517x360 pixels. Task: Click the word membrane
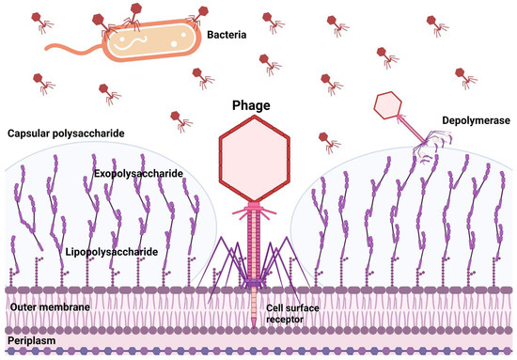click(x=70, y=307)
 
